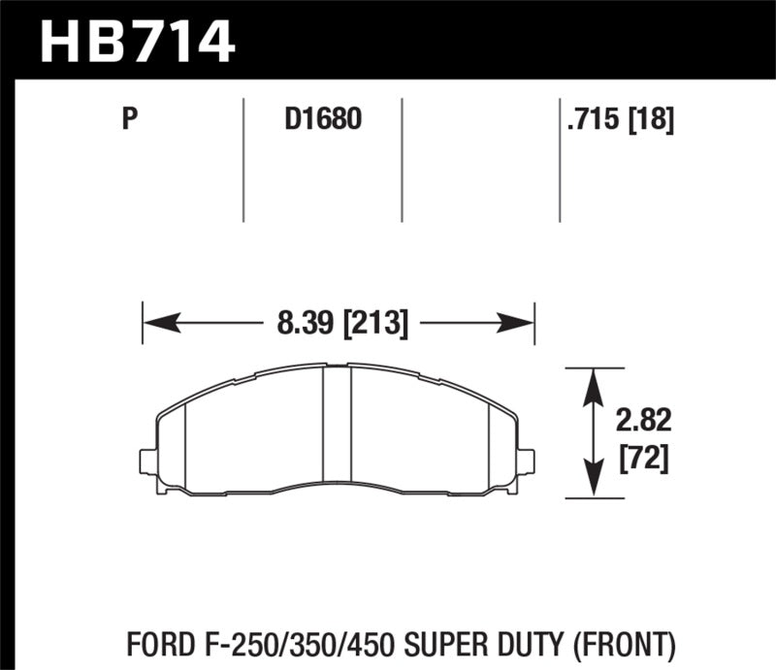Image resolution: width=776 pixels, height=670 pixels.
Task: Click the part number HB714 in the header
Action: pyautogui.click(x=135, y=40)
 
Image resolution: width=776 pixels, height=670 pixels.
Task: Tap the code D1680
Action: pyautogui.click(x=322, y=120)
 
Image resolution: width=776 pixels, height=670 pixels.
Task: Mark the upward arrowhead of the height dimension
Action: pyautogui.click(x=593, y=379)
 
